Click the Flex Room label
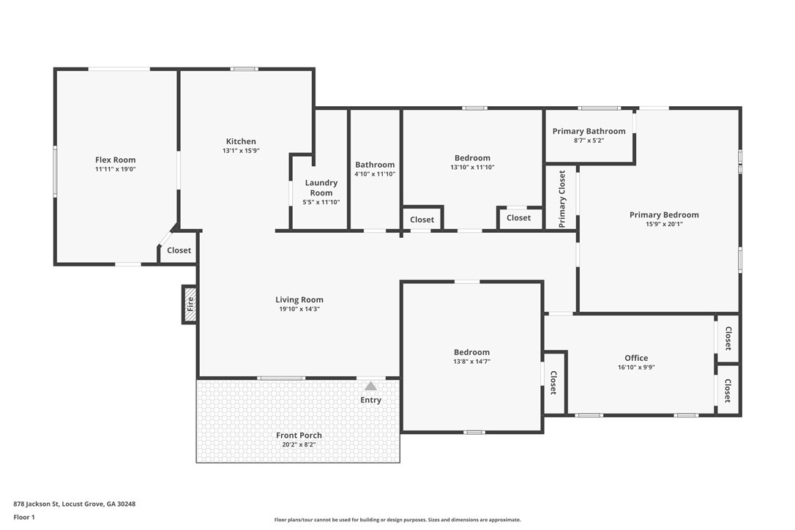point(115,160)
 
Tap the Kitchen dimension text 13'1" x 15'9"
point(241,151)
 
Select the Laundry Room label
point(321,187)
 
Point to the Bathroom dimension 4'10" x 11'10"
point(375,174)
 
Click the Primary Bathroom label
point(589,131)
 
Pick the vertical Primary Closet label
point(562,198)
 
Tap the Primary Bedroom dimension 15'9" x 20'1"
point(664,224)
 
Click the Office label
point(635,358)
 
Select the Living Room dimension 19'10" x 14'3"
point(299,309)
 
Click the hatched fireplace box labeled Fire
point(190,304)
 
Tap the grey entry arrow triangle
point(370,386)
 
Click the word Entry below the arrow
point(370,400)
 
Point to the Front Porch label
point(299,435)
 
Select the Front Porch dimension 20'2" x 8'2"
point(299,444)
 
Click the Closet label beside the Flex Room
point(179,250)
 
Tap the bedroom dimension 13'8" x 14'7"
point(471,362)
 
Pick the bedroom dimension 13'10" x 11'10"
point(472,167)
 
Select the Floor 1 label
point(23,517)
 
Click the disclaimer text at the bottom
point(397,520)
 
